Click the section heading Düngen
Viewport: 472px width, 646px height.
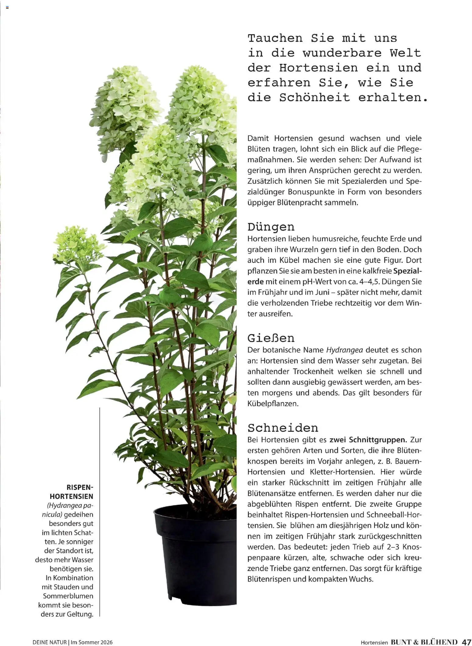coord(271,227)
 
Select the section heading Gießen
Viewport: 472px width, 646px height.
coord(271,338)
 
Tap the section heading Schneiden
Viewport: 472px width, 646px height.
coord(283,428)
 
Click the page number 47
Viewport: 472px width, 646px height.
coord(466,642)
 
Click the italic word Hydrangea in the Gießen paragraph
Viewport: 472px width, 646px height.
coord(344,350)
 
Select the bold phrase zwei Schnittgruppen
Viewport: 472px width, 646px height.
coord(368,440)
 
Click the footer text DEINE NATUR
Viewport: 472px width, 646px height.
coord(49,642)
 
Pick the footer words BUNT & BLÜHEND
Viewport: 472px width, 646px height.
coord(424,642)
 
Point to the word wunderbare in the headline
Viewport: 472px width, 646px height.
coord(342,53)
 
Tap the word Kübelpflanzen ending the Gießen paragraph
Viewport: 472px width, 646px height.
coord(273,404)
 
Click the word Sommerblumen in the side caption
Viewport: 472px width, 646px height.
coord(68,596)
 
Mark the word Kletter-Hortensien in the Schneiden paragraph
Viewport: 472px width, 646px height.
coord(342,472)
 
